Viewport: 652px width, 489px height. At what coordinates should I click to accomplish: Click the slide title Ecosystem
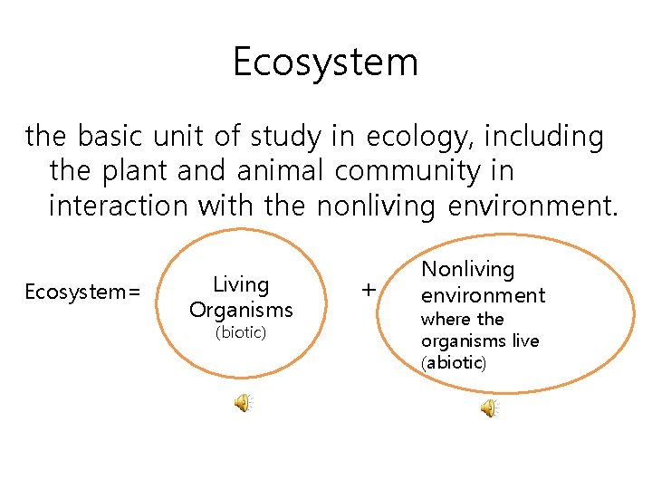coord(325,62)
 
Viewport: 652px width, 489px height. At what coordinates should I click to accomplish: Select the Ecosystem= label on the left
coord(82,292)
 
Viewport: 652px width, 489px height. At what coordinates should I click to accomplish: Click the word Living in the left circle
coord(241,284)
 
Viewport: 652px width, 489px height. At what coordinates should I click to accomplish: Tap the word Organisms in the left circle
coord(241,310)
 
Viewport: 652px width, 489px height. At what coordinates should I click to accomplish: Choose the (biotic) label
coord(240,332)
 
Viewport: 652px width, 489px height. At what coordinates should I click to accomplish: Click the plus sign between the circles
coord(368,290)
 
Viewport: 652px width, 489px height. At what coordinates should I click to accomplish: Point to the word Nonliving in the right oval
coord(468,269)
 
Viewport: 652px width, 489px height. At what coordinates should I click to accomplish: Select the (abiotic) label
coord(454,363)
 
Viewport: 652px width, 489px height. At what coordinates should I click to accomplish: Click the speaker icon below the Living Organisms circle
coord(244,404)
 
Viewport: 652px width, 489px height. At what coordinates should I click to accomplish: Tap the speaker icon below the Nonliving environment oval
coord(488,408)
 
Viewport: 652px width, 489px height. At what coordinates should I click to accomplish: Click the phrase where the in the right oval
coord(462,319)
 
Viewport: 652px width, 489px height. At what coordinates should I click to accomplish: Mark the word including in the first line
coord(543,138)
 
